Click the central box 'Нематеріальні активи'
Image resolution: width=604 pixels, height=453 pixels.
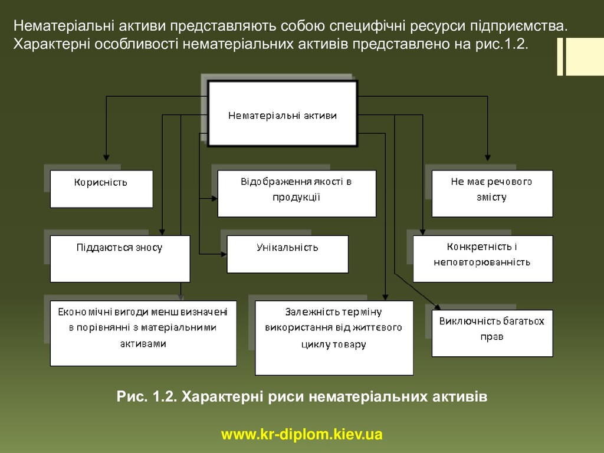[283, 114]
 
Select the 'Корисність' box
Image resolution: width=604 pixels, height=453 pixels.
[101, 189]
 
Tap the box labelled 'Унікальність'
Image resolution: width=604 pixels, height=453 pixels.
[287, 254]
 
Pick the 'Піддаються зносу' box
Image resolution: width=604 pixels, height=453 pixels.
[120, 258]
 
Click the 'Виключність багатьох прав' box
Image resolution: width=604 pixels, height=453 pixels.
[492, 333]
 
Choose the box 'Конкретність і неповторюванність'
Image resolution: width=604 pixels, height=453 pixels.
[482, 258]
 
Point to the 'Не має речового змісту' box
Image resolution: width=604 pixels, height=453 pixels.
[492, 193]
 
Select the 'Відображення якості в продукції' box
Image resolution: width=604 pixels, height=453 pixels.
[296, 193]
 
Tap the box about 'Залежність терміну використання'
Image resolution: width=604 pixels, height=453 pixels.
[334, 338]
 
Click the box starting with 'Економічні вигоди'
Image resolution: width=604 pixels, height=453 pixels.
[143, 333]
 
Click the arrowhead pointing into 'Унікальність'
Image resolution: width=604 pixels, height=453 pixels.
[223, 254]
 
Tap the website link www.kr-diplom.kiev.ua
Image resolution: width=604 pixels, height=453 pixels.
[302, 435]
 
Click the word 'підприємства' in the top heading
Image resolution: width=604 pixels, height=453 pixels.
[519, 26]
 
